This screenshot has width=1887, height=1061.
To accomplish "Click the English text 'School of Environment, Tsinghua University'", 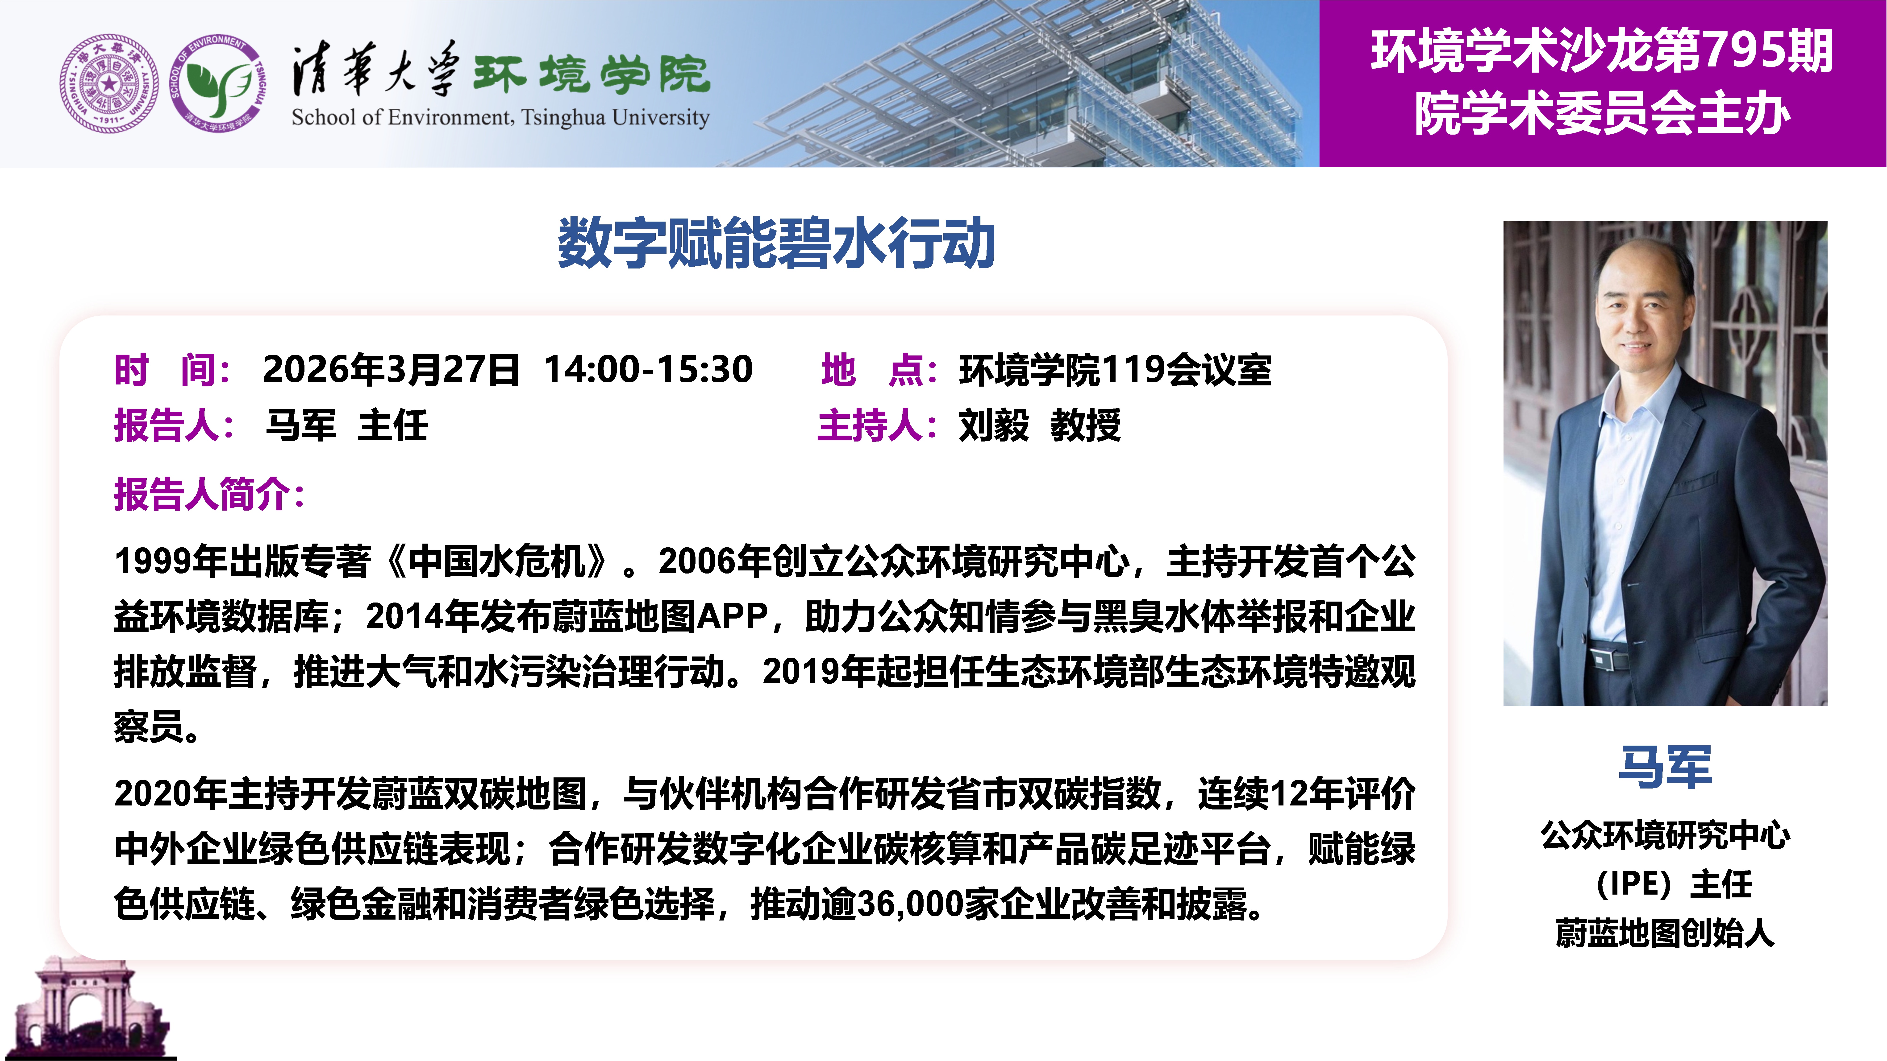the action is pyautogui.click(x=500, y=117).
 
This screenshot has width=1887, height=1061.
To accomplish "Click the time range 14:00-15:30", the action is pyautogui.click(x=648, y=369).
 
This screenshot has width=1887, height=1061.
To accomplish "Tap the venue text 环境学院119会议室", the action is pyautogui.click(x=1115, y=369).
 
